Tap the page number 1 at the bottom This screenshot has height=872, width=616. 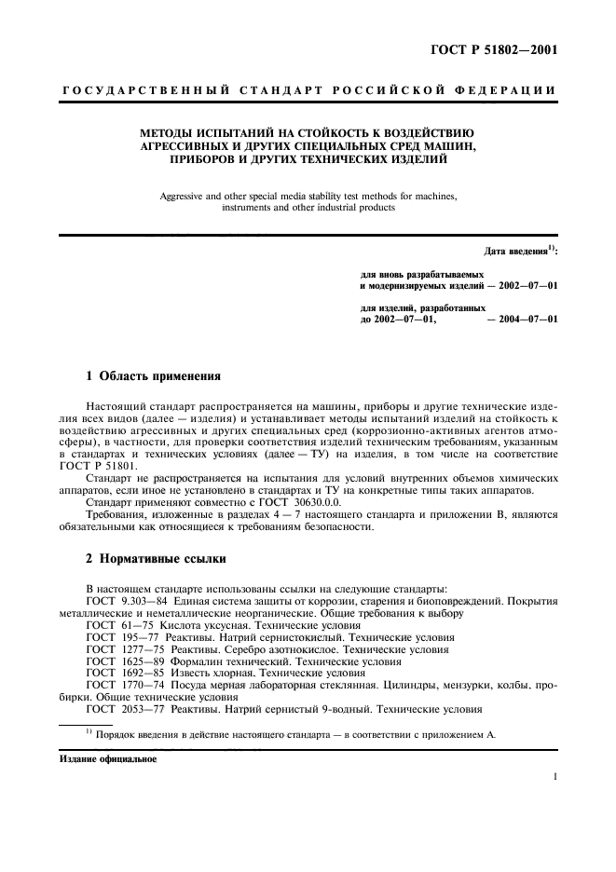[554, 776]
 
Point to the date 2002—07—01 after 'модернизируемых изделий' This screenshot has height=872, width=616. [527, 287]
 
